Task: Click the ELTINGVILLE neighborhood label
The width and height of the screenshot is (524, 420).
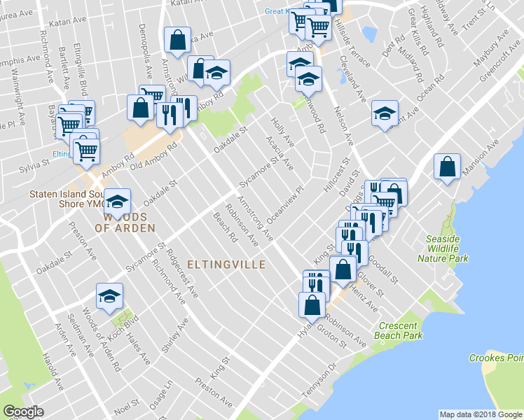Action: coord(226,265)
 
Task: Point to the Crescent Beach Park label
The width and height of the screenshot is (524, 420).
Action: coord(400,331)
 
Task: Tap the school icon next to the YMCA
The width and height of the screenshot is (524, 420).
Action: coord(118,202)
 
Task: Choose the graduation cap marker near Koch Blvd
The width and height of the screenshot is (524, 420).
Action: coord(110,296)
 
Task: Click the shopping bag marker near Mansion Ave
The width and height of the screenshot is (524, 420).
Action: coord(447,167)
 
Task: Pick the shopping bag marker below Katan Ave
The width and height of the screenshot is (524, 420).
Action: coord(177,40)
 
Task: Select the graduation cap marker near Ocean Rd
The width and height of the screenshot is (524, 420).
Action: coord(384,115)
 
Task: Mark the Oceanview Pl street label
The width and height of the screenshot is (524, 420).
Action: coord(287,203)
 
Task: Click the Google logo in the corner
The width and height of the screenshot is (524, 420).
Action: coord(23,412)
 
